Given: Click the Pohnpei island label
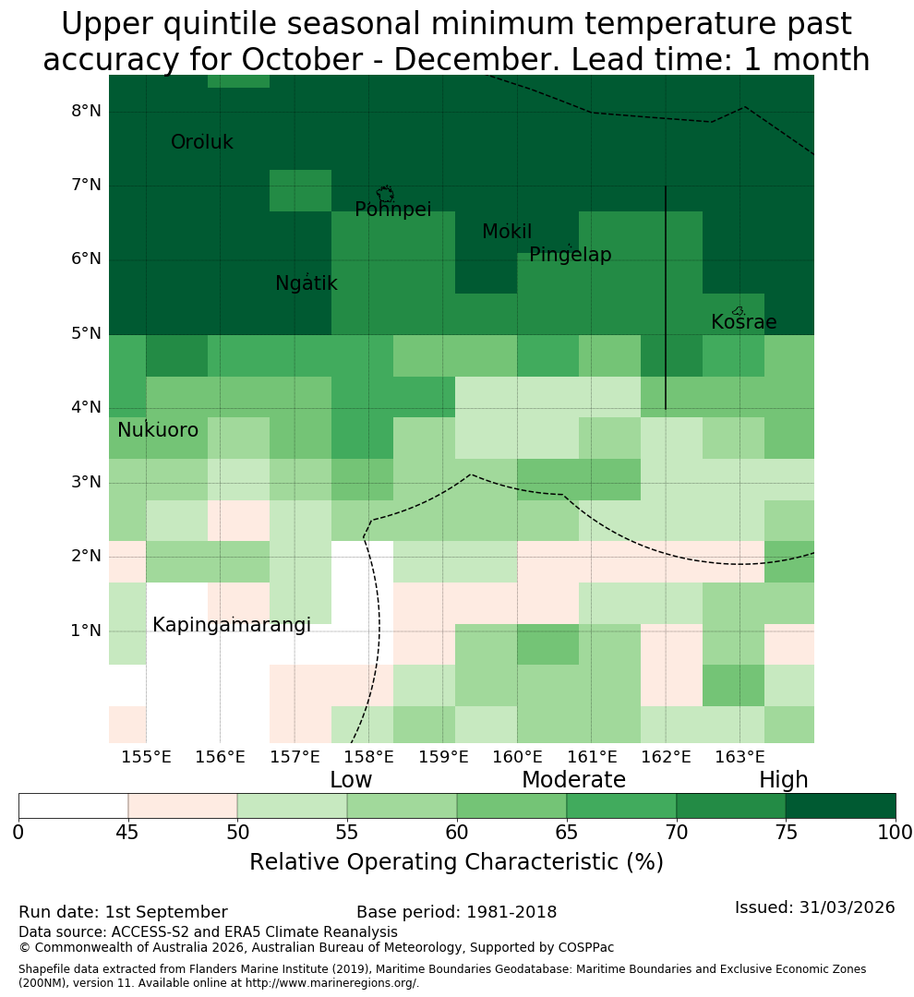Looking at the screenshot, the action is click(393, 210).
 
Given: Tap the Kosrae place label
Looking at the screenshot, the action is click(743, 322).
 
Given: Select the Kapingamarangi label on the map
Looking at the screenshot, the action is click(232, 625).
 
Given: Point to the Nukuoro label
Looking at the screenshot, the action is click(158, 430).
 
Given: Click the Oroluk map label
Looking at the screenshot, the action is click(201, 142).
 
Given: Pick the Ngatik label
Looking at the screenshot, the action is click(306, 283).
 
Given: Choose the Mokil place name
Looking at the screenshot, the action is click(507, 232).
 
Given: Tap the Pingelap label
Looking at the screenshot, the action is click(570, 255).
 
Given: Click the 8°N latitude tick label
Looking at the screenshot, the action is click(86, 112).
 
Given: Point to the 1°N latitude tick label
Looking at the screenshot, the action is click(86, 631).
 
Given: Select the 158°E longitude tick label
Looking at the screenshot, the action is click(368, 757).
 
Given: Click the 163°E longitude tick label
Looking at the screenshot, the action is click(740, 757).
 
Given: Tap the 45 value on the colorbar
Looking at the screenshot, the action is click(127, 833).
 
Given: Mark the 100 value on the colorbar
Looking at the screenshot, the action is click(895, 833).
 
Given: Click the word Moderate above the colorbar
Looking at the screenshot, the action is click(573, 779).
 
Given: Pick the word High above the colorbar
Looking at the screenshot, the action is click(783, 780).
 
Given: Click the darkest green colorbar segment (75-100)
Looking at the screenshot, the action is click(840, 806).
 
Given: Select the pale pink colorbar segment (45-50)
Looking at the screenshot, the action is click(183, 806).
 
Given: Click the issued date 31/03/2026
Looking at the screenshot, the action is click(847, 907).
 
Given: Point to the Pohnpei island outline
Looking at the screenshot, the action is click(385, 194).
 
